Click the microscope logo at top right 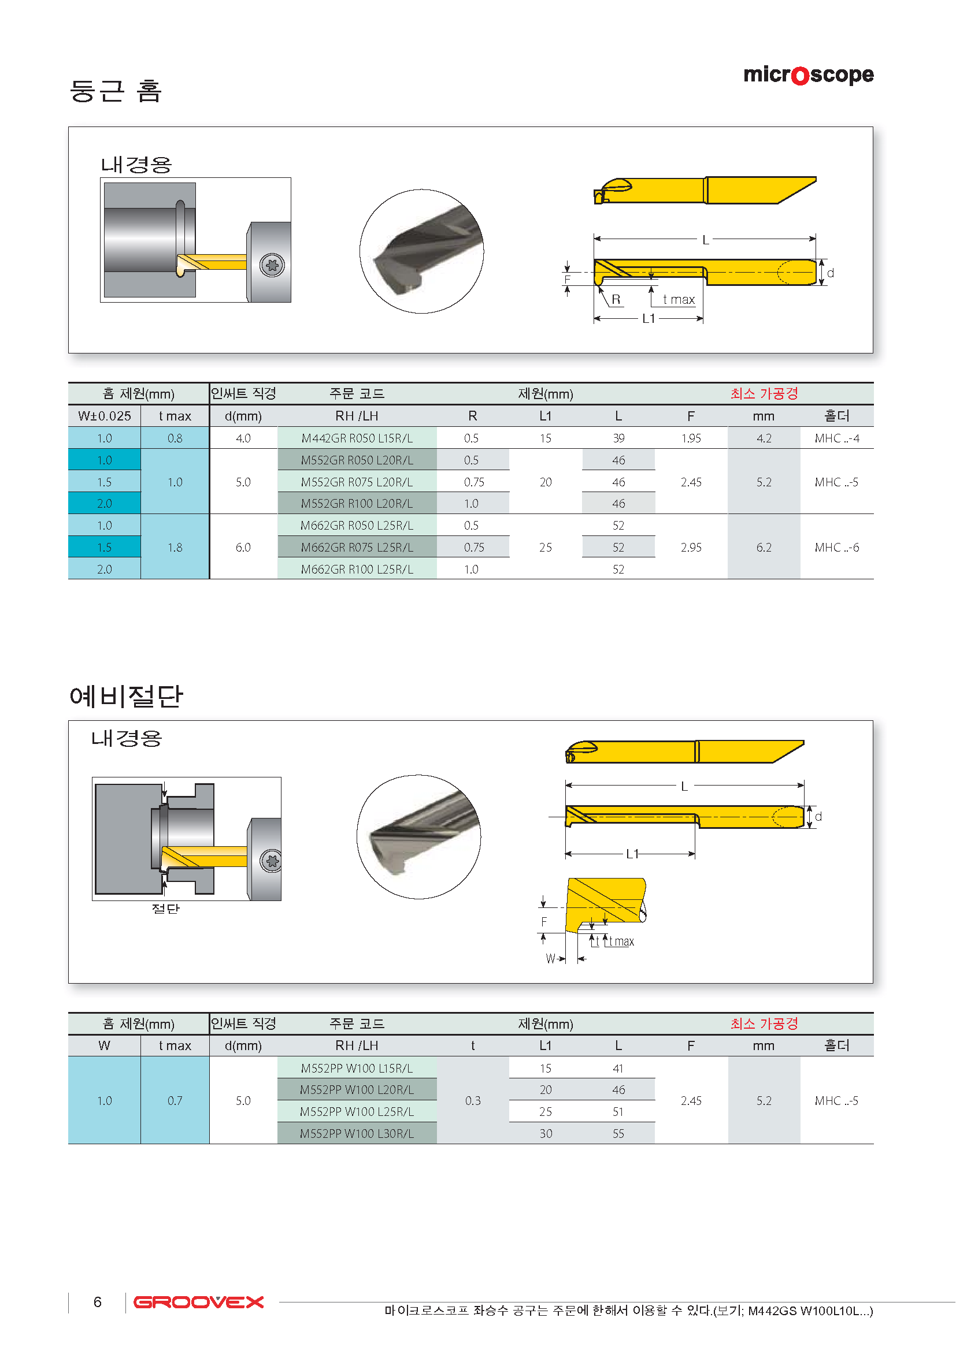(808, 75)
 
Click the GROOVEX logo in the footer (198, 1302)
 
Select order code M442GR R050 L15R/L (357, 438)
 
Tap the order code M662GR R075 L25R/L (357, 547)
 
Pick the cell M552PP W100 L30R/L (357, 1133)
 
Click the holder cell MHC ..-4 (836, 438)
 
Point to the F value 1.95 (691, 438)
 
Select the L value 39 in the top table (618, 438)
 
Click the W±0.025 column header (104, 416)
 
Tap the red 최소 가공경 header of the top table (764, 394)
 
